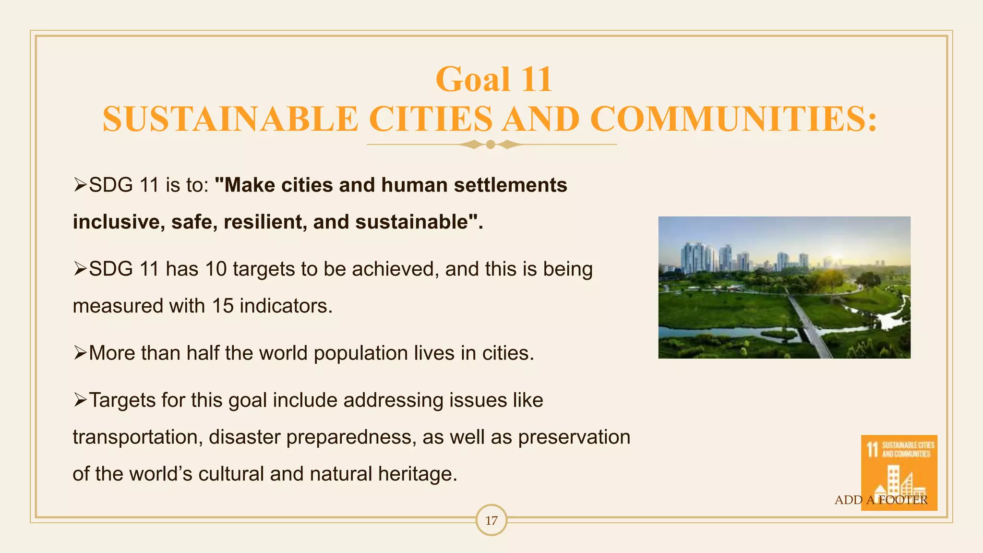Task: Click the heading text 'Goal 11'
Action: (x=493, y=79)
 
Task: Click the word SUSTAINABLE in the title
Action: (x=230, y=119)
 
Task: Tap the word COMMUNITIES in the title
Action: (x=733, y=119)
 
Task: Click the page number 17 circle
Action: (x=491, y=520)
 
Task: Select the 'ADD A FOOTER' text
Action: (x=881, y=500)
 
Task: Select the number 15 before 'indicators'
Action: (x=223, y=306)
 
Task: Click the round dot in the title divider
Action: (x=491, y=144)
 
